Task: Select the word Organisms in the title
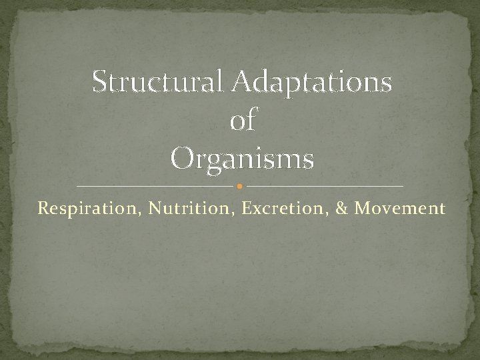[x=242, y=160]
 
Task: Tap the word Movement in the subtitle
[x=400, y=209]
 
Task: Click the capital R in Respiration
[x=43, y=209]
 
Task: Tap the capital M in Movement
[x=363, y=209]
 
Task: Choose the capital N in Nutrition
[x=155, y=209]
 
